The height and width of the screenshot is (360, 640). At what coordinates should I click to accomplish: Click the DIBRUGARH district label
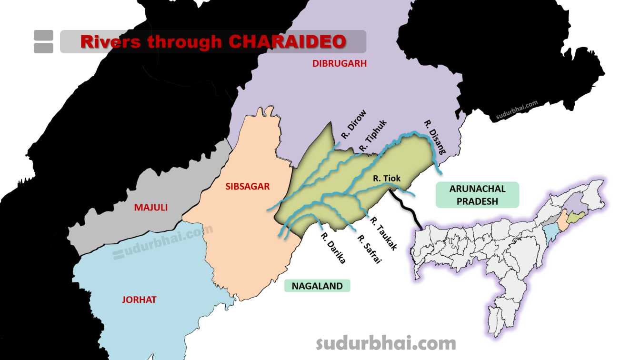coord(340,63)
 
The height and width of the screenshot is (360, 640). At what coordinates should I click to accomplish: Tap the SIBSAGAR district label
coord(247,186)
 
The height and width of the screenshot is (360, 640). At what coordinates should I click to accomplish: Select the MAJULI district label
coord(150,208)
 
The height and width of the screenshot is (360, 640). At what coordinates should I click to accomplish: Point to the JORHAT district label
coord(139,300)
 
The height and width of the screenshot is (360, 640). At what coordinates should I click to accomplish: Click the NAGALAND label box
coord(317,286)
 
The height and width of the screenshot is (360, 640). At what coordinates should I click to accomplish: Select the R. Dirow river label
coord(354,125)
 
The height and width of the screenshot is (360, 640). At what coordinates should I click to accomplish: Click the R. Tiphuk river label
coord(373,134)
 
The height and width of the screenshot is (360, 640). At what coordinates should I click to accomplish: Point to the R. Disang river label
coord(435,138)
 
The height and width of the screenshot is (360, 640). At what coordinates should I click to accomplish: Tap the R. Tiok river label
coord(387,179)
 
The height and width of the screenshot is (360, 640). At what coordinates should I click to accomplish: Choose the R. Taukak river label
coord(383,234)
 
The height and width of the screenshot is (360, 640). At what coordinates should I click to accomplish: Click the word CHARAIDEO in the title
coord(287,41)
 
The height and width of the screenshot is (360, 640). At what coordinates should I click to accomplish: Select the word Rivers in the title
coord(110,41)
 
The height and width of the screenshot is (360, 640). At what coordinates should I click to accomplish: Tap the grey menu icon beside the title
coord(44,41)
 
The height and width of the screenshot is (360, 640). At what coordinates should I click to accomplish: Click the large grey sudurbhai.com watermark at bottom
coord(386,343)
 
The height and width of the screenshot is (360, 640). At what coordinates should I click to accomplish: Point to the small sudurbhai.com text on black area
coord(517,110)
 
